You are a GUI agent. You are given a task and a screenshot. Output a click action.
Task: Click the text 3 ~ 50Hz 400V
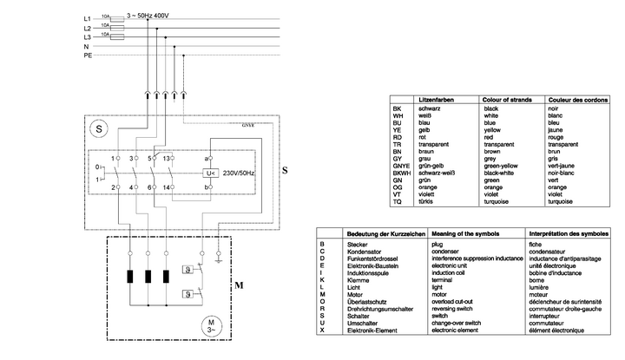pyautogui.click(x=148, y=16)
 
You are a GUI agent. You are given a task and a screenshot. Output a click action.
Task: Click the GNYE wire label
pyautogui.click(x=247, y=126)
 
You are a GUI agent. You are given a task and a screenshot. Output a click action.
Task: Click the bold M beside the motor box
pyautogui.click(x=240, y=285)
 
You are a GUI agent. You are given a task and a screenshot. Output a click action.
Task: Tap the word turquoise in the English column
pyautogui.click(x=499, y=200)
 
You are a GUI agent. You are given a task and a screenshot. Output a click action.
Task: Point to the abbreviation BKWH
pyautogui.click(x=402, y=173)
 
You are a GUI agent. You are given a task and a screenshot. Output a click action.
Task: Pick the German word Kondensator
pyautogui.click(x=366, y=252)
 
